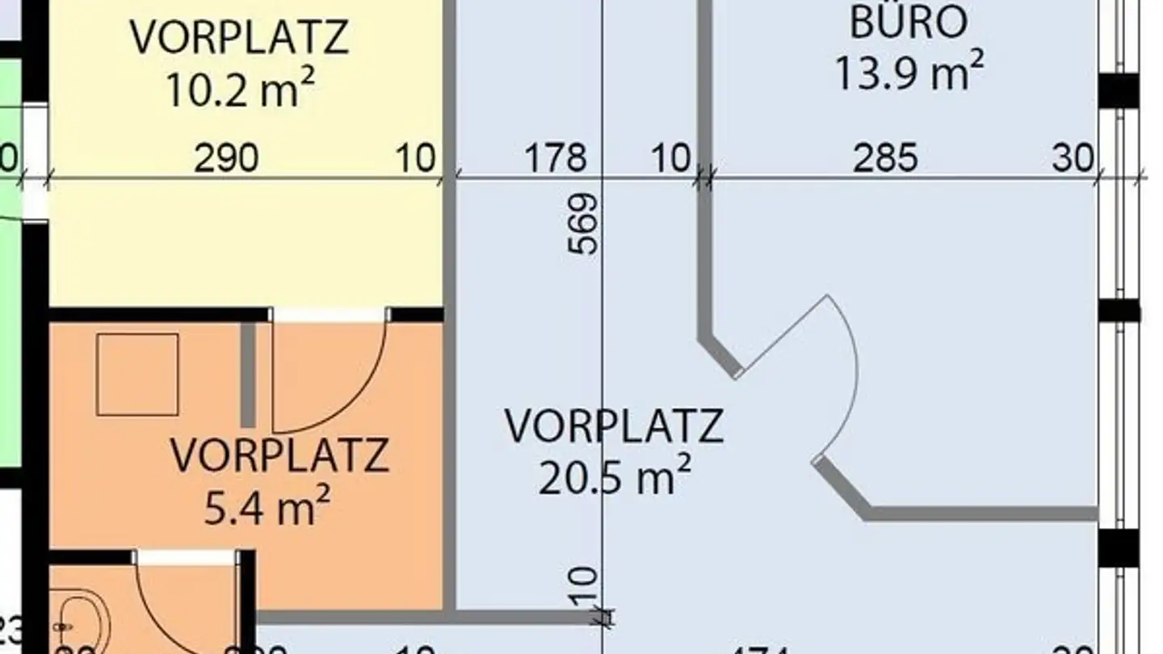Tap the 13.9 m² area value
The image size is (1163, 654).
click(908, 73)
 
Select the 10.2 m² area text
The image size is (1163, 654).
click(239, 89)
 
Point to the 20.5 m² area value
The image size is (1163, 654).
click(614, 478)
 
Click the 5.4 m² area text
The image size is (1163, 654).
click(267, 509)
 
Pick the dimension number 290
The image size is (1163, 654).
click(226, 158)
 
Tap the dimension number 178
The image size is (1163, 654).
click(556, 158)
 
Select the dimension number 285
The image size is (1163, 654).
click(885, 158)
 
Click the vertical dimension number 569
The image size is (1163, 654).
click(584, 224)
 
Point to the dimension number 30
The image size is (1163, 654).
click(1073, 158)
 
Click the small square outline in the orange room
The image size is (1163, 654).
click(137, 375)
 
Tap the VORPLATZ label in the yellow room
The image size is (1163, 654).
click(239, 37)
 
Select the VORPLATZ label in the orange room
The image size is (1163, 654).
click(279, 456)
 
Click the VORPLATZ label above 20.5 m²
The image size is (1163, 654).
click(614, 426)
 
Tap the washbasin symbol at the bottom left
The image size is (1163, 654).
click(81, 626)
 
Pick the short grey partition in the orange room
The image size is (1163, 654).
click(248, 375)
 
